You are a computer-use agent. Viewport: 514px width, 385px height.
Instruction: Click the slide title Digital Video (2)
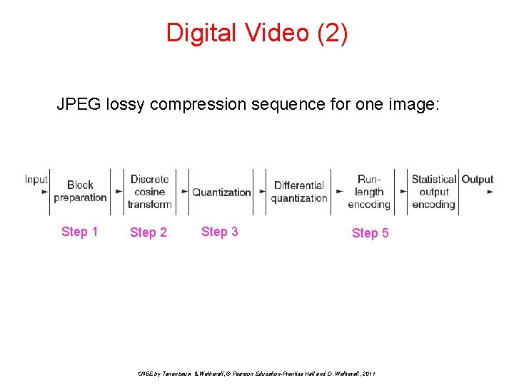click(x=257, y=33)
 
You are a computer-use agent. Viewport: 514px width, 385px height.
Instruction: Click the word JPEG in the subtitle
click(x=79, y=105)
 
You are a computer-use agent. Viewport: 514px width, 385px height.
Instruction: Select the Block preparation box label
click(x=80, y=191)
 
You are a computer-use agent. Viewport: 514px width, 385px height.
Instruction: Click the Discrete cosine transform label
click(x=150, y=192)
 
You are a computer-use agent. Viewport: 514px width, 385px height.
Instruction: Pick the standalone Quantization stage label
click(x=222, y=192)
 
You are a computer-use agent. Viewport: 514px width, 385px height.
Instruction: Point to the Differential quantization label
click(x=299, y=192)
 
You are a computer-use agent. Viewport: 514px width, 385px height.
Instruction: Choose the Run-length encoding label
click(x=369, y=192)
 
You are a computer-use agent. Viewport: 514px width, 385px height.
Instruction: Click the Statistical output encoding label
click(x=433, y=192)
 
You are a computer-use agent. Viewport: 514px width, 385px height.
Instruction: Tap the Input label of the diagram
click(x=36, y=180)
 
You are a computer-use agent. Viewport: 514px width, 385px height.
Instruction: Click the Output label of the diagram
click(x=477, y=180)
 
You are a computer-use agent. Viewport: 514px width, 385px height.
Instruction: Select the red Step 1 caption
click(x=80, y=232)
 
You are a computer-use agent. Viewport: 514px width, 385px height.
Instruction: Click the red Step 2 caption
click(x=148, y=232)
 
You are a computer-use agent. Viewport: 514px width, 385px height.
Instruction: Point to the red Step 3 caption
click(x=220, y=232)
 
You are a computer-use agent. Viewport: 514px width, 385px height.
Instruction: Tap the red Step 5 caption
click(x=371, y=233)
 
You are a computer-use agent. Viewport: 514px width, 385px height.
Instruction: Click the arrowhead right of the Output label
click(x=490, y=192)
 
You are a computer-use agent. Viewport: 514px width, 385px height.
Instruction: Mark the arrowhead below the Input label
click(x=45, y=192)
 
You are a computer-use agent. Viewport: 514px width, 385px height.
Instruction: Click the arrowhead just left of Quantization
click(x=186, y=192)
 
